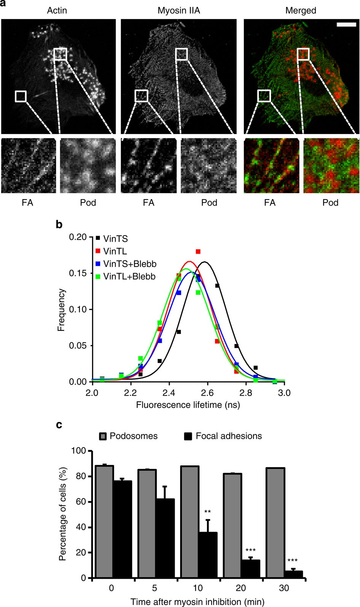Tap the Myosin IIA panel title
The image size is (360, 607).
(x=178, y=10)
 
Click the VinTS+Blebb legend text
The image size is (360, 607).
(x=130, y=264)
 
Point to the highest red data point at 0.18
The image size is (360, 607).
(x=198, y=252)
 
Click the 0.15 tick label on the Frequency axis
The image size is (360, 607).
(x=79, y=273)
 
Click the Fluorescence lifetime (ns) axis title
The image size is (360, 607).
(x=188, y=405)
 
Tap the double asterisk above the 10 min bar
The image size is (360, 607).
(x=207, y=511)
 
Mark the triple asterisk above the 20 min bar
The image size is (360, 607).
(x=250, y=550)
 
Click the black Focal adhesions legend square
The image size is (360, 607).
(x=188, y=436)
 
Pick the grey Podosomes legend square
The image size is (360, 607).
(x=103, y=436)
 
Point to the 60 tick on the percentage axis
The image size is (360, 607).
(x=80, y=502)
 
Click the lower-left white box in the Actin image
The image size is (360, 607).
(x=21, y=96)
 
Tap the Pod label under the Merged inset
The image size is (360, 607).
(x=330, y=203)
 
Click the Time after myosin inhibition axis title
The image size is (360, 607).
(x=197, y=602)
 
